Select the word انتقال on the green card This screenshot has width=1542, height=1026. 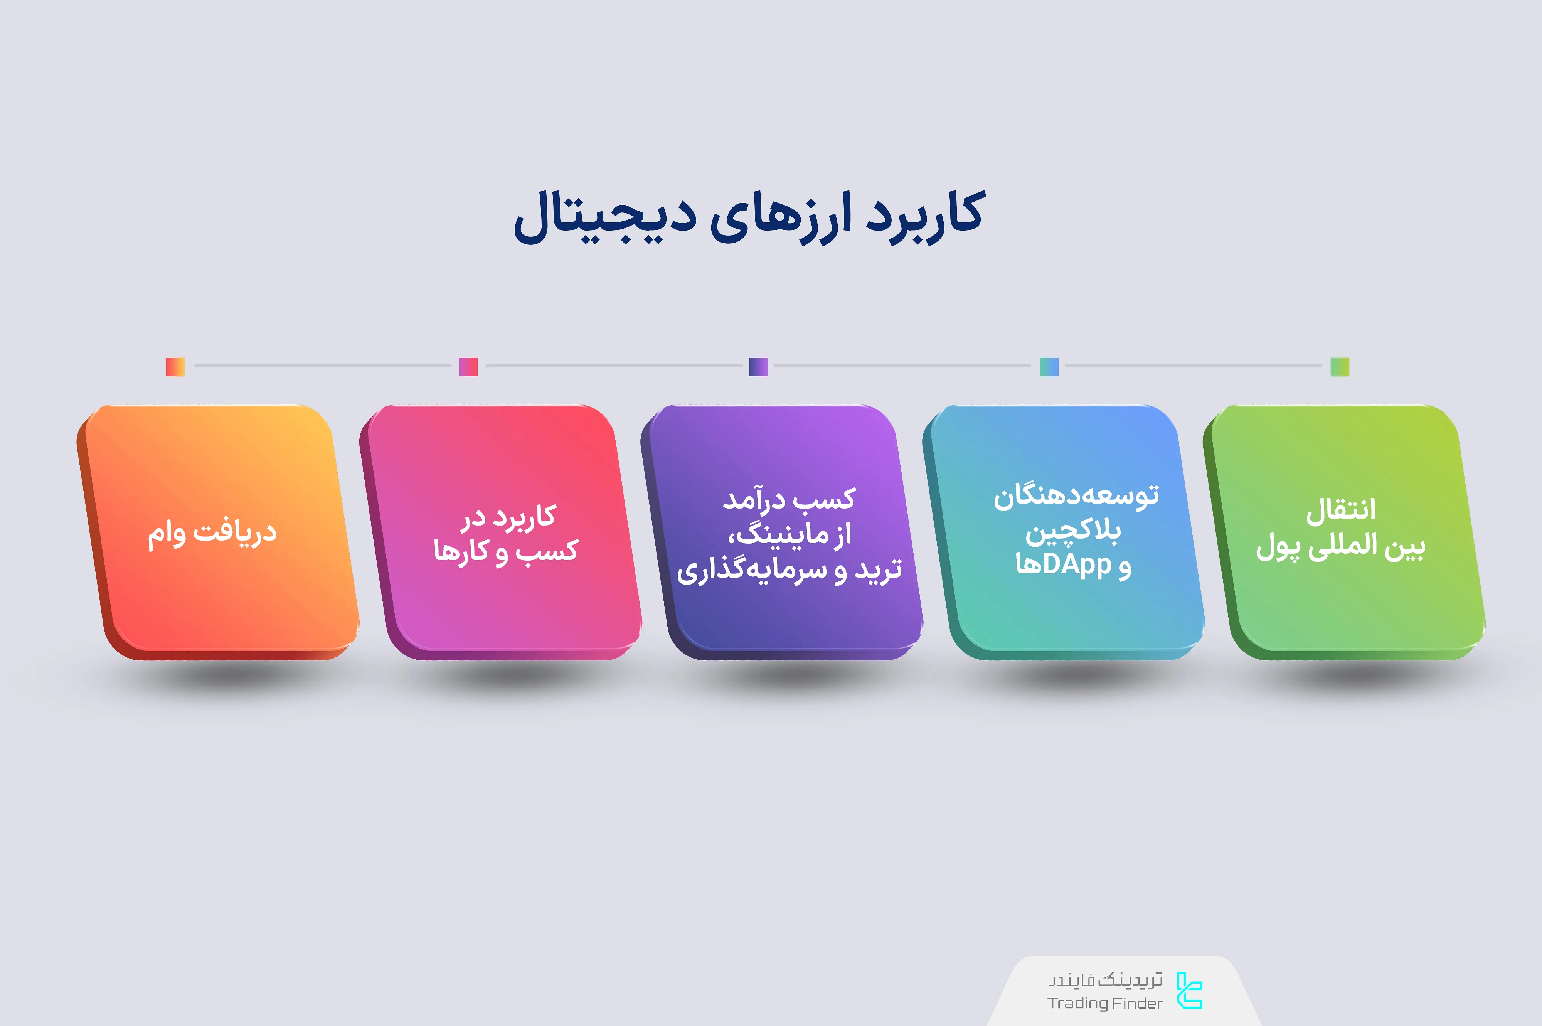click(1341, 510)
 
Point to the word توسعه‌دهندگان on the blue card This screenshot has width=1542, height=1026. click(1076, 496)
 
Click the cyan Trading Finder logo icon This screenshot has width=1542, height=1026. click(1189, 991)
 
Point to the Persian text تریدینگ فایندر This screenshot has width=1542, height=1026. click(1105, 980)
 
